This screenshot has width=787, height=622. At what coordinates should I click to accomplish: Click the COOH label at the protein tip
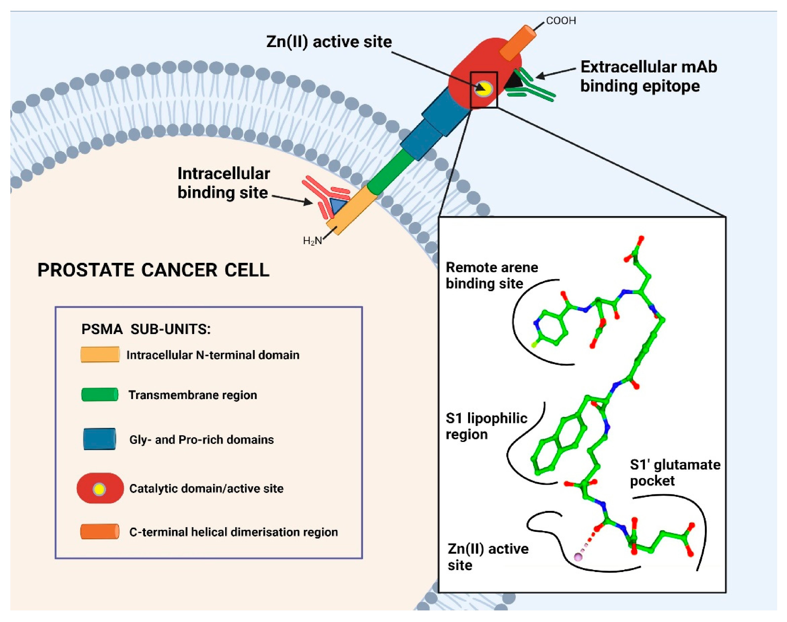pos(561,21)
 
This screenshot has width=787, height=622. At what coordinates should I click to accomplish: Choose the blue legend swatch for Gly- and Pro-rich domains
pos(99,439)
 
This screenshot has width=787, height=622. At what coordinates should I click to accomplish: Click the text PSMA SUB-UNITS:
pos(146,329)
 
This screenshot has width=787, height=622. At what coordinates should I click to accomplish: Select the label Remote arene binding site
pos(491,275)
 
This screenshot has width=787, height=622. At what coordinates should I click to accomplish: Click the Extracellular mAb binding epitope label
pos(648,76)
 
